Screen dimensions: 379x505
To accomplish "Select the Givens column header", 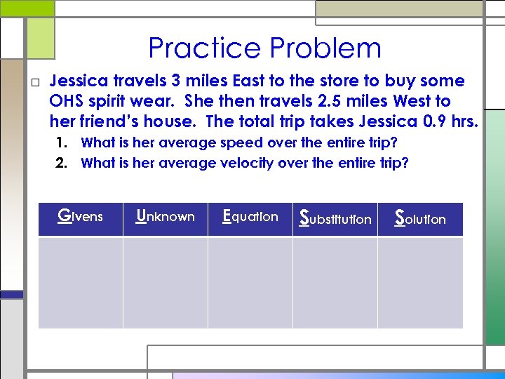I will point(80,217).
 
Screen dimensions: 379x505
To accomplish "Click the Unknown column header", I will point(166,217).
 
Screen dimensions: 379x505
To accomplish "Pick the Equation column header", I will point(250,217).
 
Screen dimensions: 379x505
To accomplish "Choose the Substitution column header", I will point(335,218).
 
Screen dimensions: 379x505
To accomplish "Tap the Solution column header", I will point(420,218).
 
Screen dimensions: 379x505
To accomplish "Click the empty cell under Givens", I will point(80,282).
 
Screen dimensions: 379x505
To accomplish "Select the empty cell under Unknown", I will point(166,282).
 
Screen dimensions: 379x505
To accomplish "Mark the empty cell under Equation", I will point(250,282).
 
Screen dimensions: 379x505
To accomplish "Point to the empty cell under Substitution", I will point(335,282).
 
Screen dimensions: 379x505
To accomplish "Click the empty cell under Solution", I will point(420,282).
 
